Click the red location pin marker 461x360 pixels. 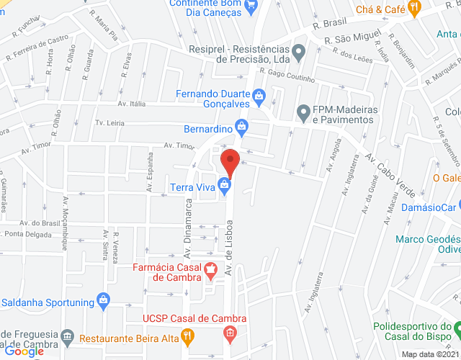pos(229,160)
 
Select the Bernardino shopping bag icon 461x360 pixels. pos(243,129)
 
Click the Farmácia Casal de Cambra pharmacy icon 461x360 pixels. pos(210,271)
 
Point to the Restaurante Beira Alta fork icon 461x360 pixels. pos(187,335)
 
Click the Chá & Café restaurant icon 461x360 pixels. pos(413,7)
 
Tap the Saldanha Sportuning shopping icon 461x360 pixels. pos(103,300)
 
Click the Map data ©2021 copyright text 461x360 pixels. pos(429,354)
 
